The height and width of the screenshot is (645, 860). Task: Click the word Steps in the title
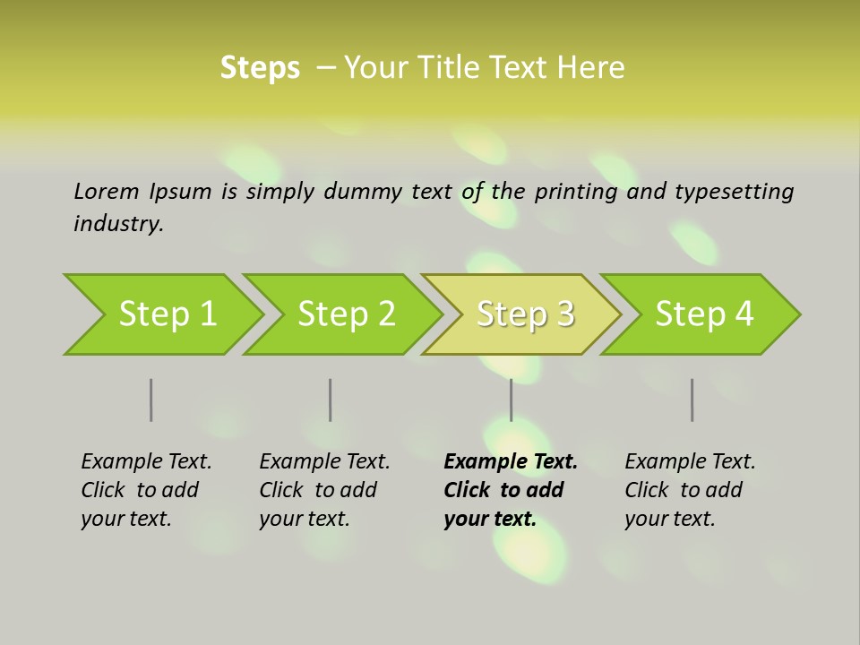point(260,68)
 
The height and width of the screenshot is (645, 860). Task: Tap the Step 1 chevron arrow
point(167,314)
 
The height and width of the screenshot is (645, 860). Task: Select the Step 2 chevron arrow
point(346,314)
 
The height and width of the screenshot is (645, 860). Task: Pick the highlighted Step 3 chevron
point(525,314)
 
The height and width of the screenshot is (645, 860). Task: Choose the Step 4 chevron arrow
point(704,314)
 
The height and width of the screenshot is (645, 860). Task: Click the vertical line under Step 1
point(151,400)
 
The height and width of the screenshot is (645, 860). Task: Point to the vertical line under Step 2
point(331,400)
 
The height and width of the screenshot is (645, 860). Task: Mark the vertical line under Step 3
point(512,400)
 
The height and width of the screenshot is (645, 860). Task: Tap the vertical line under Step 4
point(692,400)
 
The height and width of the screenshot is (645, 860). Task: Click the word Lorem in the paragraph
point(107,191)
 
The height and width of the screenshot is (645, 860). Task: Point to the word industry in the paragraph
point(118,223)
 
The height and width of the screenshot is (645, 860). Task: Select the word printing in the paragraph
point(575,192)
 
